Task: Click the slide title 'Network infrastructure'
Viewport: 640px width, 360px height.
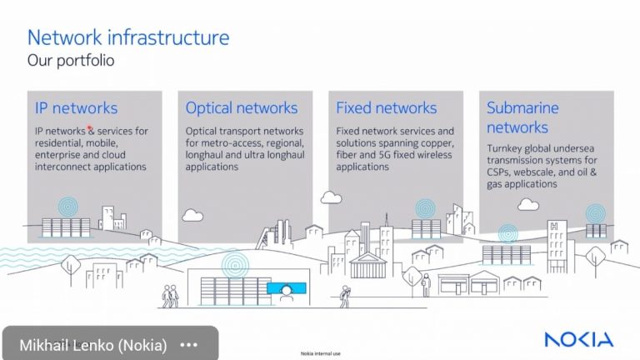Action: click(x=128, y=37)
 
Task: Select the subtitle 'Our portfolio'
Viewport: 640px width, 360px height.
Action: click(x=71, y=61)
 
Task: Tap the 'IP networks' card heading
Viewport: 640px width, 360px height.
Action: click(x=76, y=107)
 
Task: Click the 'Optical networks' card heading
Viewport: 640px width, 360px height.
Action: click(x=241, y=107)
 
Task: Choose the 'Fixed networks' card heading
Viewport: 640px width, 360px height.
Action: click(x=386, y=107)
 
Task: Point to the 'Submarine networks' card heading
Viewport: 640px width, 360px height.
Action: click(x=522, y=117)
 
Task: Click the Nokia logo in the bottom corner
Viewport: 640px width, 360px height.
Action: click(x=578, y=339)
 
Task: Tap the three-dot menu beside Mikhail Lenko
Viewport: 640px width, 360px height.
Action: click(x=188, y=344)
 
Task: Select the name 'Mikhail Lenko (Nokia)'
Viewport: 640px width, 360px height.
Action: click(x=93, y=344)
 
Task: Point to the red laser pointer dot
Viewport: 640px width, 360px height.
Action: click(x=90, y=129)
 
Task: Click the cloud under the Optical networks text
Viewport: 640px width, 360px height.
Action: click(x=192, y=215)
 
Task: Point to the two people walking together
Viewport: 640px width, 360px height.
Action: click(x=170, y=296)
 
